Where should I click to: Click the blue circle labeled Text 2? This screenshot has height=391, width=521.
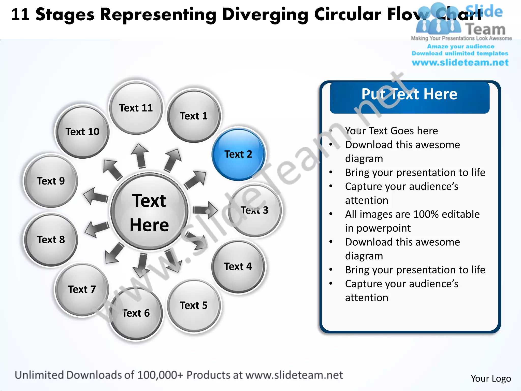click(x=238, y=154)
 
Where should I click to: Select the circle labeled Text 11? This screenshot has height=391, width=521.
click(x=136, y=108)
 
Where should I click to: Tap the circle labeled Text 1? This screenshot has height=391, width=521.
click(x=194, y=116)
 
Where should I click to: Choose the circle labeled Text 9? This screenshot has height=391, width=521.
click(x=51, y=181)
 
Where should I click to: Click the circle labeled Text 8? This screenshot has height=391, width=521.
click(x=51, y=240)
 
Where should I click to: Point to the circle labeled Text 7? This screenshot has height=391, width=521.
click(x=82, y=289)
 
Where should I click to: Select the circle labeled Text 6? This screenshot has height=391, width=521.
click(x=136, y=313)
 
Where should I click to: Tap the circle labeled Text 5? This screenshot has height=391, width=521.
click(x=194, y=305)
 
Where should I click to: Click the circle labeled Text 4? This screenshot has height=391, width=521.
click(x=238, y=267)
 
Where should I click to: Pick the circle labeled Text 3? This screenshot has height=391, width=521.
click(x=255, y=210)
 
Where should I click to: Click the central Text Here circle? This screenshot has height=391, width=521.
click(x=149, y=212)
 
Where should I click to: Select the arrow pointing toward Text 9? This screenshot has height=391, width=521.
click(x=95, y=196)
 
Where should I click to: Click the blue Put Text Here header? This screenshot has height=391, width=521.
click(x=409, y=97)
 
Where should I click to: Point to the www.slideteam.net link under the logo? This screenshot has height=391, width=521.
click(x=460, y=63)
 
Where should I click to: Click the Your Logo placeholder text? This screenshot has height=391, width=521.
click(x=491, y=379)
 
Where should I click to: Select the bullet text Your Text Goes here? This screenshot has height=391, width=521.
click(x=391, y=131)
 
